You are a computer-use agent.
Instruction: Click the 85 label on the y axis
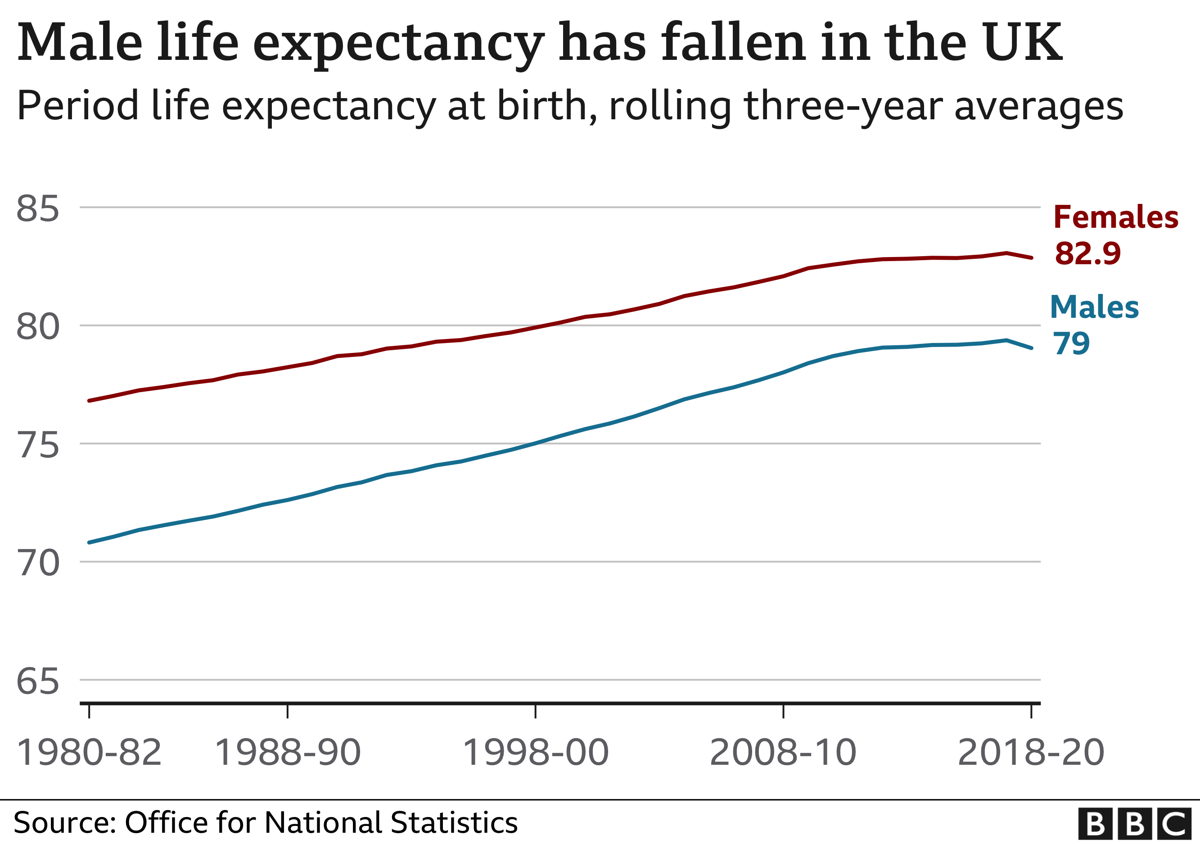pos(38,208)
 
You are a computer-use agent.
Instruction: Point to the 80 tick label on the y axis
pos(38,327)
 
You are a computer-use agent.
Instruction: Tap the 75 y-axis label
pos(38,446)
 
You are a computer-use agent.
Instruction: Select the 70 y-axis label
pos(38,564)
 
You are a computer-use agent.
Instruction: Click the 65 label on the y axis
pos(38,682)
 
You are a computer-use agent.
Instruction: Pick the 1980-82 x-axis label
pos(89,754)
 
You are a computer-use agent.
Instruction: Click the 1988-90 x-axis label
pos(288,754)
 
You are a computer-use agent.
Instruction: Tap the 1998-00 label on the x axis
pos(536,754)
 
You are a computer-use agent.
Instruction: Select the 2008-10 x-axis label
pos(783,754)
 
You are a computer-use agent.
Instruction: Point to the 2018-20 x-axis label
pos(1031,754)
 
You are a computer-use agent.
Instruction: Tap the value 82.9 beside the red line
pos(1087,253)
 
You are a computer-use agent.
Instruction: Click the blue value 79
pos(1071,344)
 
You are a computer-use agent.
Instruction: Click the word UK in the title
pos(1022,43)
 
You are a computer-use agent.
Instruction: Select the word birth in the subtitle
pos(544,106)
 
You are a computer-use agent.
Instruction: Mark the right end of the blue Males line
pos(1031,348)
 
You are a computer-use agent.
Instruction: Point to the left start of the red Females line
pos(90,401)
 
